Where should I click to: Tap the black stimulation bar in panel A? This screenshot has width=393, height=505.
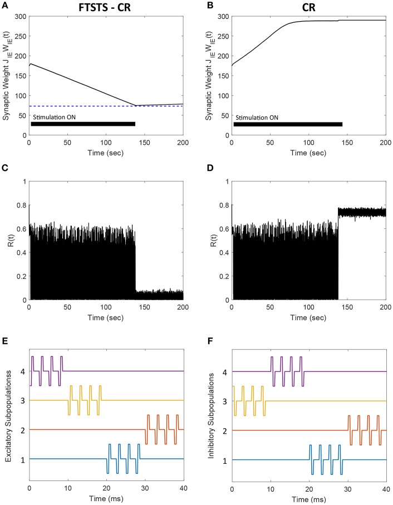pos(83,124)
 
